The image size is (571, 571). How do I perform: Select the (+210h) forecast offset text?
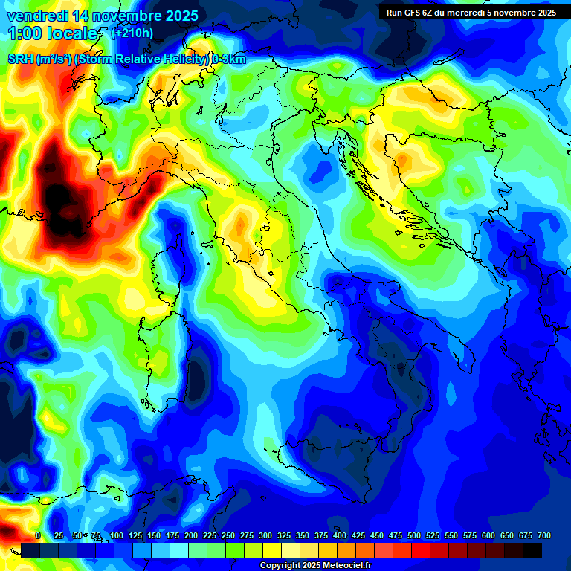coord(132,33)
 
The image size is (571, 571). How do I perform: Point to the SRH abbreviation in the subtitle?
coord(21,59)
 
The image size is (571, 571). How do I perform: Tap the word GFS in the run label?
coord(413,13)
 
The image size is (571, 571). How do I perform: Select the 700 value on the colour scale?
coord(543,535)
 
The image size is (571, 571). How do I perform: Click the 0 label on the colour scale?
coord(38,535)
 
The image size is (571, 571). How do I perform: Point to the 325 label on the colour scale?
coord(284,535)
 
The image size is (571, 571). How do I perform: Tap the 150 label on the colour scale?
coord(154,535)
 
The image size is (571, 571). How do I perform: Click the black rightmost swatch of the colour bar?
coord(532,550)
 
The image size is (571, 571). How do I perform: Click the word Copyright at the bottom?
coord(282,566)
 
